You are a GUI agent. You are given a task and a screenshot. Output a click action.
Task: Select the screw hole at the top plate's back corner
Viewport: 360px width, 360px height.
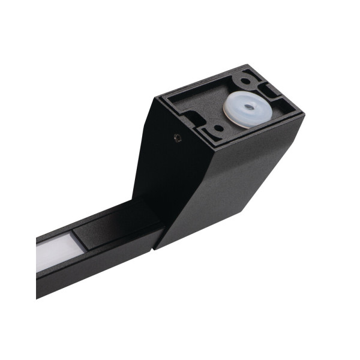pos(247,77)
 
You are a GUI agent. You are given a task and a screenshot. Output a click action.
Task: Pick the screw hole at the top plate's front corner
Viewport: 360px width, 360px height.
pos(218,128)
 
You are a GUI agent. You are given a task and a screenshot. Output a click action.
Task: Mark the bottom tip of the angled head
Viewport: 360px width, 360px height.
pos(155,247)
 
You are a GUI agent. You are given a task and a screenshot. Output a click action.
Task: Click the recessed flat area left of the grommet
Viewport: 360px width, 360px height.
pos(204,99)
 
